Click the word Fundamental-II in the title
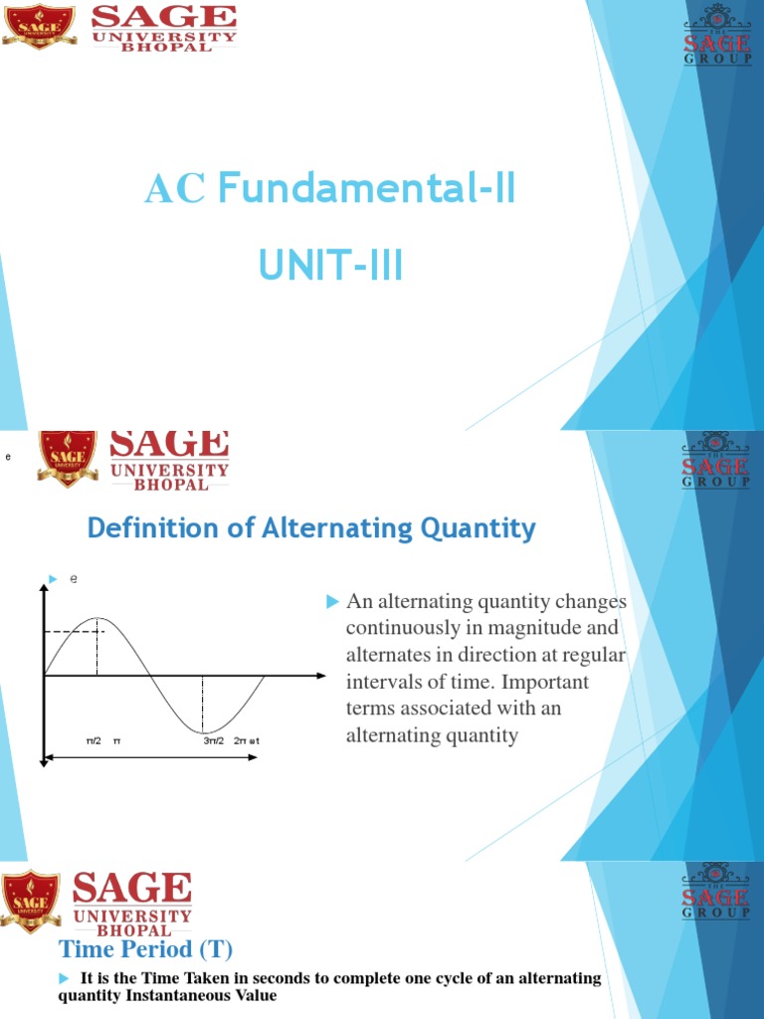pyautogui.click(x=366, y=188)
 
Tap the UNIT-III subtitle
pyautogui.click(x=330, y=266)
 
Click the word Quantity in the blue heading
pyautogui.click(x=486, y=527)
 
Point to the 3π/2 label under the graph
pyautogui.click(x=213, y=741)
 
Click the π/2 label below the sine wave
pyautogui.click(x=93, y=741)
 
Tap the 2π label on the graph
pyautogui.click(x=240, y=741)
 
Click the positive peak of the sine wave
pyautogui.click(x=96, y=618)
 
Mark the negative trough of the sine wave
pyautogui.click(x=203, y=732)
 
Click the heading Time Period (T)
pyautogui.click(x=145, y=947)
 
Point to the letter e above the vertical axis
pyautogui.click(x=73, y=578)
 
